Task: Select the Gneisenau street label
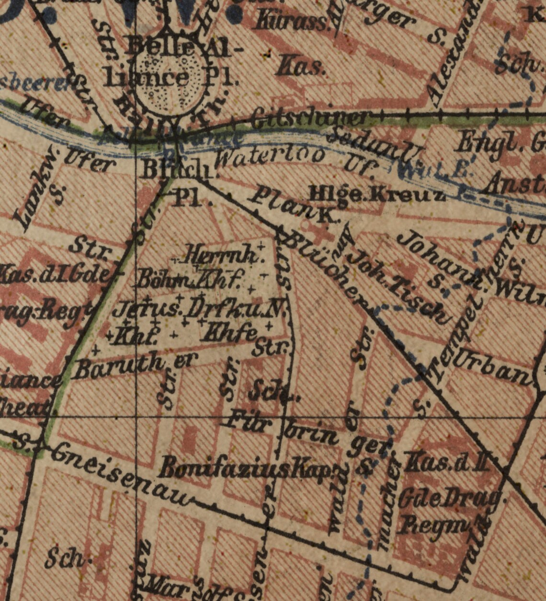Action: point(120,475)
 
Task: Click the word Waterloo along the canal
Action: point(271,157)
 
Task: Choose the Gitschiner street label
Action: point(311,117)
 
